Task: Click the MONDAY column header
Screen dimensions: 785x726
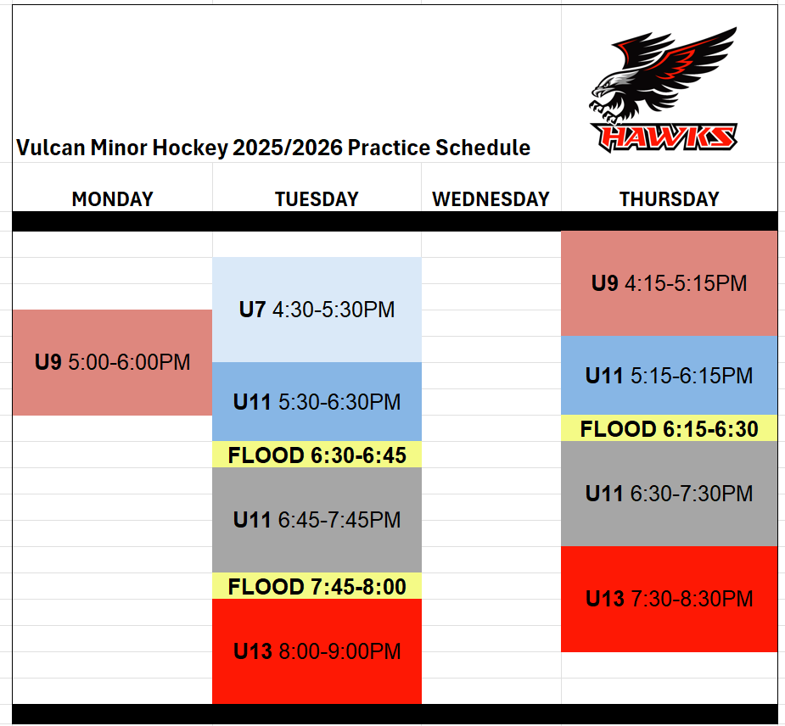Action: click(x=112, y=199)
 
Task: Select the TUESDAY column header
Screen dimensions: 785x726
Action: click(x=317, y=199)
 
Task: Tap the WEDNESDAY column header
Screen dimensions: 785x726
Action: click(x=491, y=199)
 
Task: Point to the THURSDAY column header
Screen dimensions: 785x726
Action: click(x=670, y=199)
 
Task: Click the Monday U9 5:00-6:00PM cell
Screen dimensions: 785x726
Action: click(x=112, y=362)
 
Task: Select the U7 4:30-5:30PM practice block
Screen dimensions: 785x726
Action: click(x=317, y=310)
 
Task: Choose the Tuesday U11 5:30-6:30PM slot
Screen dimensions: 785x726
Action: click(x=317, y=402)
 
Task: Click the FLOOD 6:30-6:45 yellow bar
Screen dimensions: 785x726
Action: click(x=317, y=455)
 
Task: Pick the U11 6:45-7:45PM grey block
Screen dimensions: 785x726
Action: click(x=317, y=520)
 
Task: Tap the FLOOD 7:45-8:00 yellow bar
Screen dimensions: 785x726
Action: click(x=317, y=586)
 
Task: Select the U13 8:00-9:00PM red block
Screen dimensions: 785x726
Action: click(x=317, y=651)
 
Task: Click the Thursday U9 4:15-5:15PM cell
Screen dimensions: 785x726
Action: click(x=670, y=283)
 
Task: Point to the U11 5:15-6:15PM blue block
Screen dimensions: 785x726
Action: click(x=670, y=375)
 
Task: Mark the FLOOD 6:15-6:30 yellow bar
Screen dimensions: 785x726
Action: click(x=670, y=428)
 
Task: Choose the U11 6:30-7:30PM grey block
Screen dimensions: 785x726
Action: click(x=670, y=494)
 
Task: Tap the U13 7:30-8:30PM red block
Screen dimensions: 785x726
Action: click(x=670, y=599)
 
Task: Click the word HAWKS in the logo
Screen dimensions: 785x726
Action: click(x=664, y=137)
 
